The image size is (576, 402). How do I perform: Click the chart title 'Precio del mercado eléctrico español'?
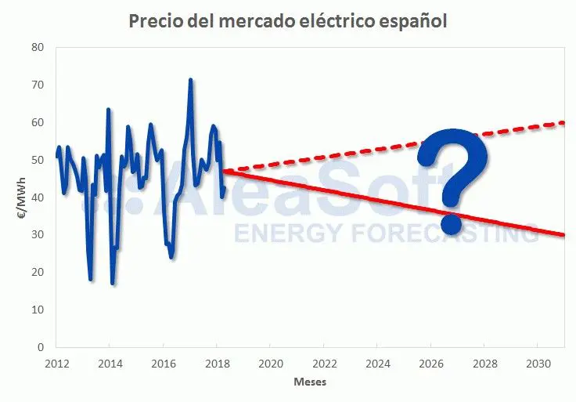click(x=287, y=21)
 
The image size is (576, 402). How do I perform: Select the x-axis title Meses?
click(x=310, y=382)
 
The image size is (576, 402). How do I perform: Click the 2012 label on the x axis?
click(x=56, y=364)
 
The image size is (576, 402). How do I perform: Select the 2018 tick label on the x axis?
click(x=217, y=364)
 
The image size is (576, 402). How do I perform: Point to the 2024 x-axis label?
click(x=377, y=364)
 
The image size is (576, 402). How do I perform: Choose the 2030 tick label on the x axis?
click(x=537, y=364)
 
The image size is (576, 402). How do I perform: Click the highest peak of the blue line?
click(x=190, y=80)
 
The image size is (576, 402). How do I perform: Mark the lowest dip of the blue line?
click(x=113, y=283)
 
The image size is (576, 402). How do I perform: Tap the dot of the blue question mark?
click(x=452, y=223)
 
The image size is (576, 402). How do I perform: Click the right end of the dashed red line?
click(x=563, y=123)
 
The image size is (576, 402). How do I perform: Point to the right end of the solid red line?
click(x=563, y=235)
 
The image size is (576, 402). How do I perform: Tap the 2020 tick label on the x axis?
click(x=270, y=364)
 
